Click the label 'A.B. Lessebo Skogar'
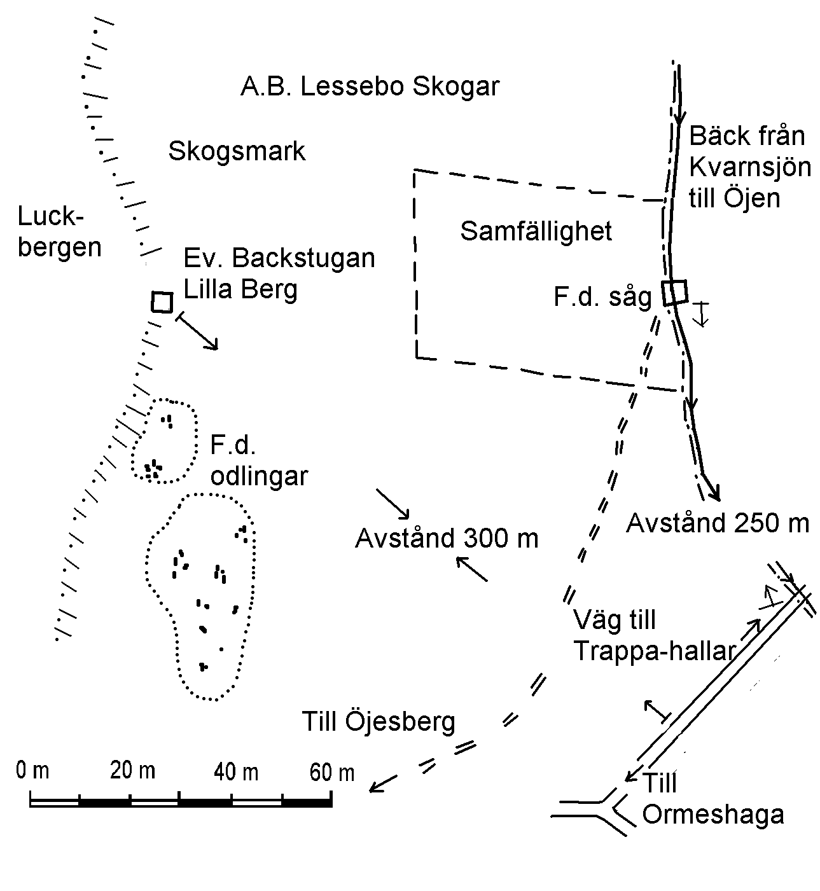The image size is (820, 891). coord(370,86)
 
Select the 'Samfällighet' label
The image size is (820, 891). coord(536,231)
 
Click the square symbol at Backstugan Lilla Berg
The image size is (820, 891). coord(162,302)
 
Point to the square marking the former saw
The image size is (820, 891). coord(675,293)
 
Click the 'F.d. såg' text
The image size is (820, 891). coord(602,298)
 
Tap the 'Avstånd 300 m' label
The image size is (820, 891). coord(447,538)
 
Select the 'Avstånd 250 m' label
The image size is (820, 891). coord(718,523)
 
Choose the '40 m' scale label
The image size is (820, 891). coord(236,772)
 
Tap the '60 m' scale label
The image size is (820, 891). coord(332,773)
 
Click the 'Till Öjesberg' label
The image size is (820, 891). coord(379,722)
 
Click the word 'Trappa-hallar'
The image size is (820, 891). coord(655,651)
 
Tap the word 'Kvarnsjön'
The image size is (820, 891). coord(750,167)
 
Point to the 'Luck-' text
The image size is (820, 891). coord(50,216)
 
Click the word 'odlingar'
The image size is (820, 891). coord(259,476)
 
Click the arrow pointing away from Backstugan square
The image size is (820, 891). coord(197,332)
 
